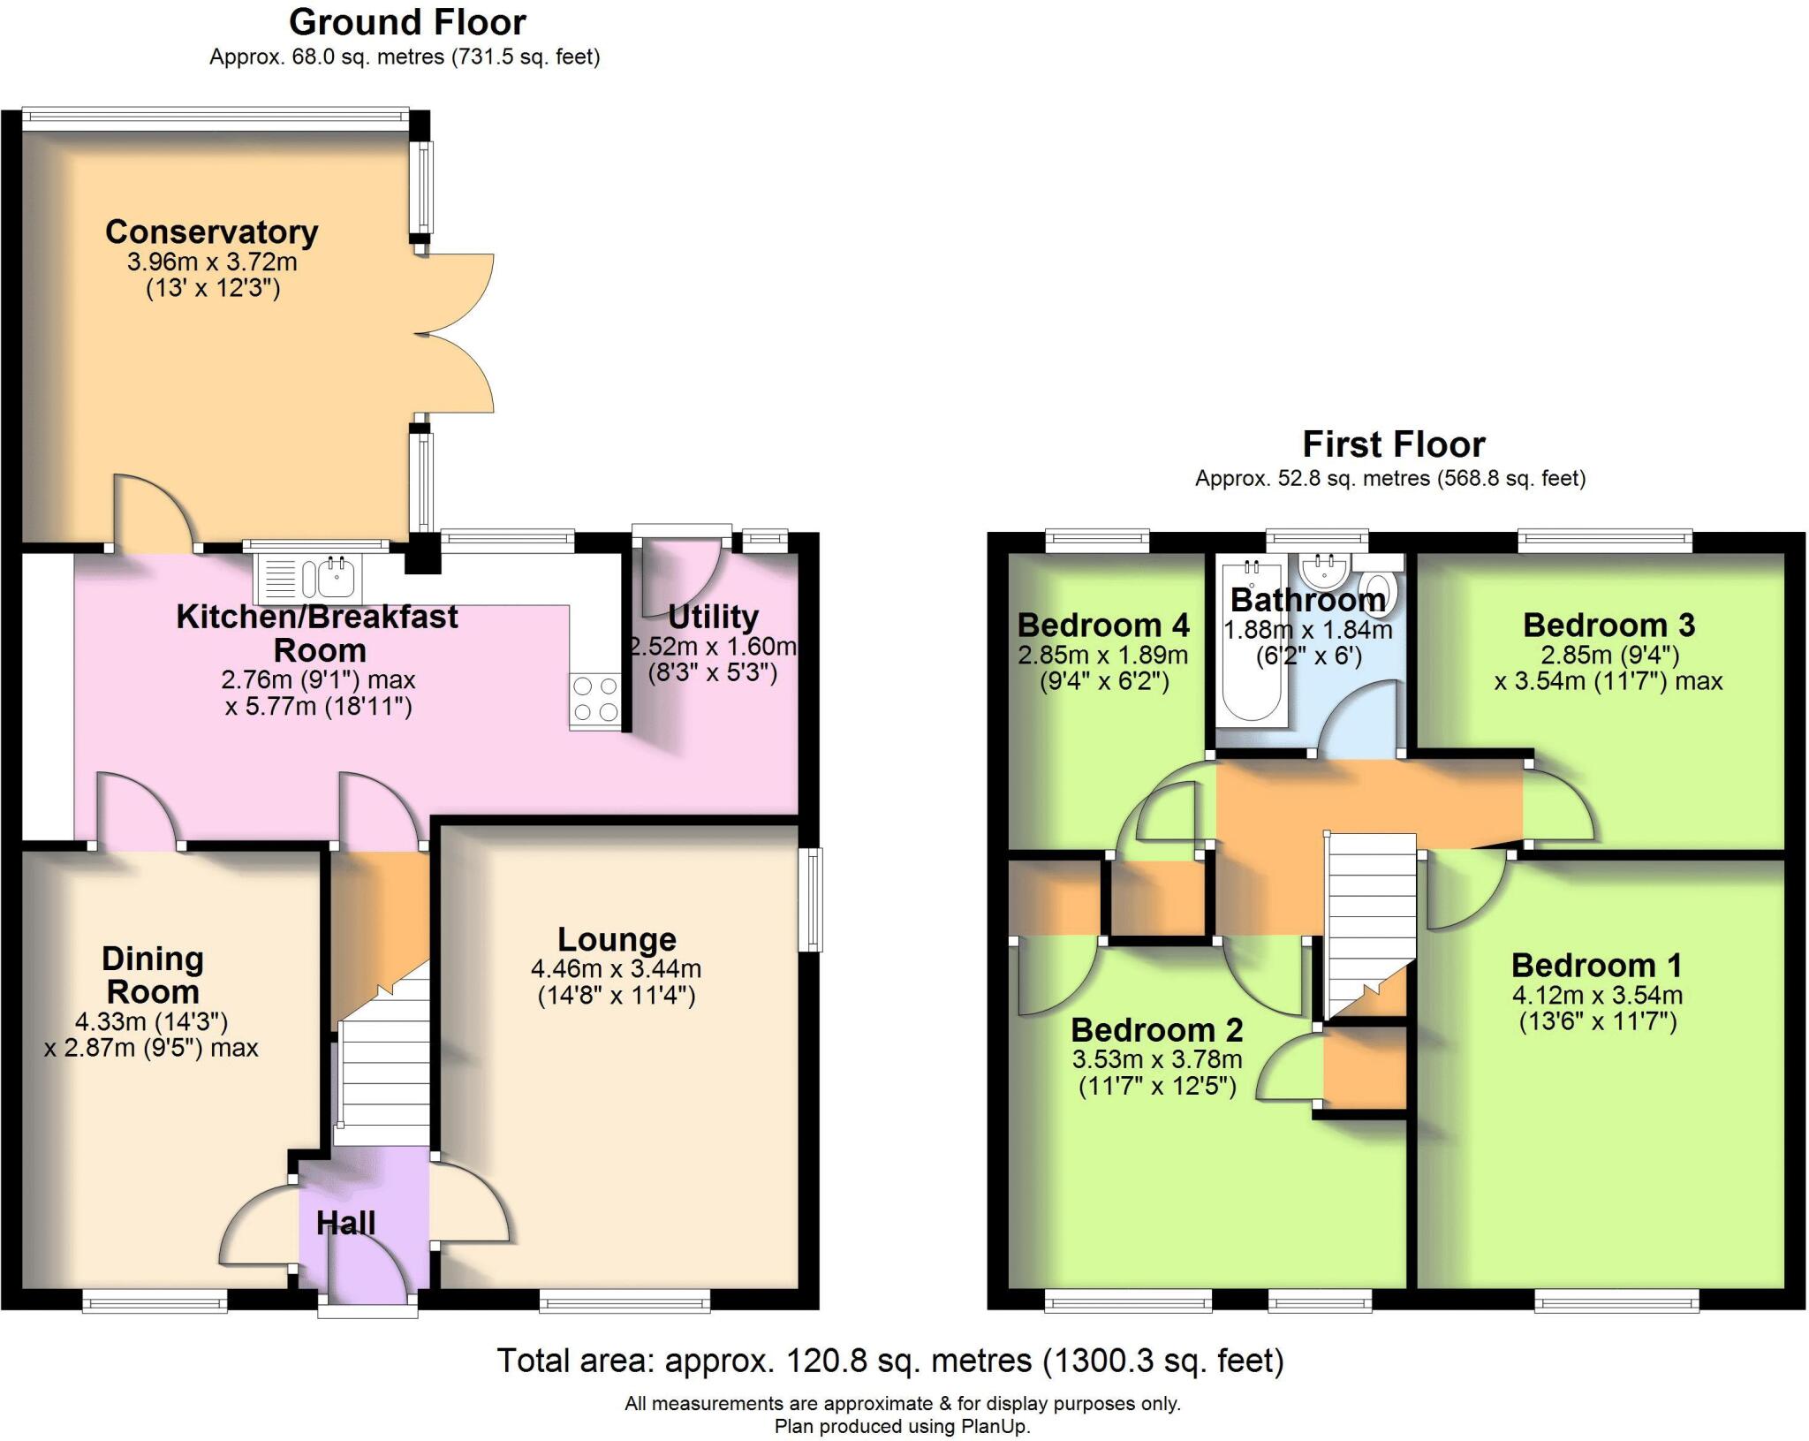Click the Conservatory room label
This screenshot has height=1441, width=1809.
212,232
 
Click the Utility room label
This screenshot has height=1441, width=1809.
714,616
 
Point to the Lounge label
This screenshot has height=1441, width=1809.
617,939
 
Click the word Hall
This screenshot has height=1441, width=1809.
346,1223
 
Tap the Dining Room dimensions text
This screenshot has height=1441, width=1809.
151,1035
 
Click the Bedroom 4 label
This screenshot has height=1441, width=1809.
1103,626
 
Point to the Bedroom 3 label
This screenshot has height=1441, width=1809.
1608,626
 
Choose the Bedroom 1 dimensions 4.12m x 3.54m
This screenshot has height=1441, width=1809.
1597,996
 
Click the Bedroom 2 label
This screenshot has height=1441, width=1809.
1157,1030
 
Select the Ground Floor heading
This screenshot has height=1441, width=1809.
407,23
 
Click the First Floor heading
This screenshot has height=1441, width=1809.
1394,444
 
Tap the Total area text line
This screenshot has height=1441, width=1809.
890,1361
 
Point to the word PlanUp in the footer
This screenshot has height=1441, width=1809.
997,1426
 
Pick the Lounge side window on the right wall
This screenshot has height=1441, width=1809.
810,899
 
